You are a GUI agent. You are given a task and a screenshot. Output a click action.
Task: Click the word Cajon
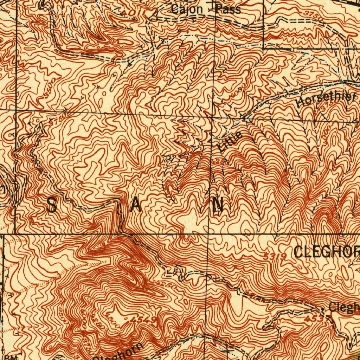187,9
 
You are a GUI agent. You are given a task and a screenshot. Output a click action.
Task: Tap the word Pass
229,9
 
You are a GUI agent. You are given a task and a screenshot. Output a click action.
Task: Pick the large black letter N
218,205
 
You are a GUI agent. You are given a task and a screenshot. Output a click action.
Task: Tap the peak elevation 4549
143,319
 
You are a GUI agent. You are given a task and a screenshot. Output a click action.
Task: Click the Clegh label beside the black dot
344,308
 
